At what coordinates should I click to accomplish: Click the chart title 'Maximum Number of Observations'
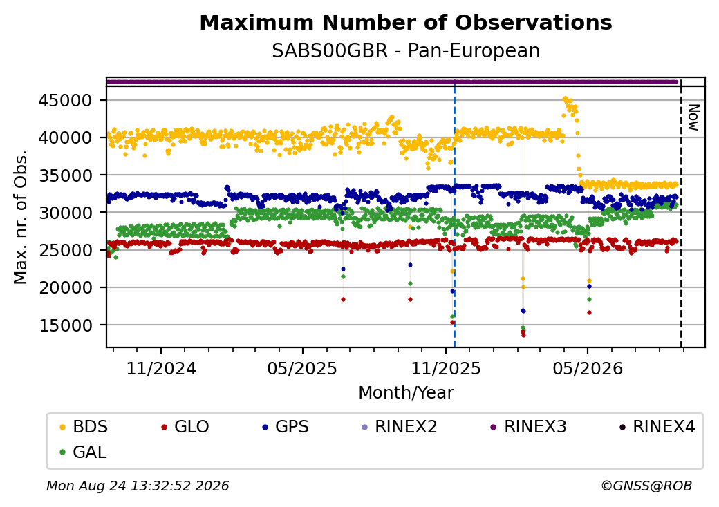(x=406, y=22)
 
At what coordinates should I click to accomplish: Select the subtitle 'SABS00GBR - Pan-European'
(x=406, y=50)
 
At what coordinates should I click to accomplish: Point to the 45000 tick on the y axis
(x=65, y=100)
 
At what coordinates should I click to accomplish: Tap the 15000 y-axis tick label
(x=65, y=325)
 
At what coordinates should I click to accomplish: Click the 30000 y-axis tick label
(x=65, y=213)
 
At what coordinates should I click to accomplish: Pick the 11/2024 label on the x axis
(x=161, y=369)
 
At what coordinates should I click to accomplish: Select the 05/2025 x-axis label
(x=303, y=369)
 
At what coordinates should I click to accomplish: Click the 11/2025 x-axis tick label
(x=446, y=369)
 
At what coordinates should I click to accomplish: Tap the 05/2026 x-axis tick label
(x=588, y=369)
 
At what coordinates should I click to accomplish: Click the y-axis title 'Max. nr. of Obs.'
(x=21, y=217)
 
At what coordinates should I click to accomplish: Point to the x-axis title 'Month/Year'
(x=406, y=393)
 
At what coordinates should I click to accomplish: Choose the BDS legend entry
(x=84, y=427)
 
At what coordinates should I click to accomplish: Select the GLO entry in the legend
(x=185, y=427)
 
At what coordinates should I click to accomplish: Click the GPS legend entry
(x=286, y=427)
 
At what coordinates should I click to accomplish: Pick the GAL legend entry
(x=84, y=452)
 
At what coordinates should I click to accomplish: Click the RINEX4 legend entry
(x=657, y=427)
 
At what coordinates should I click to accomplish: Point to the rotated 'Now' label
(x=693, y=117)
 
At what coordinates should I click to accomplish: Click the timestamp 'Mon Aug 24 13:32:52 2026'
(x=138, y=486)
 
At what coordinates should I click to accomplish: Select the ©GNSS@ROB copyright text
(x=646, y=486)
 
